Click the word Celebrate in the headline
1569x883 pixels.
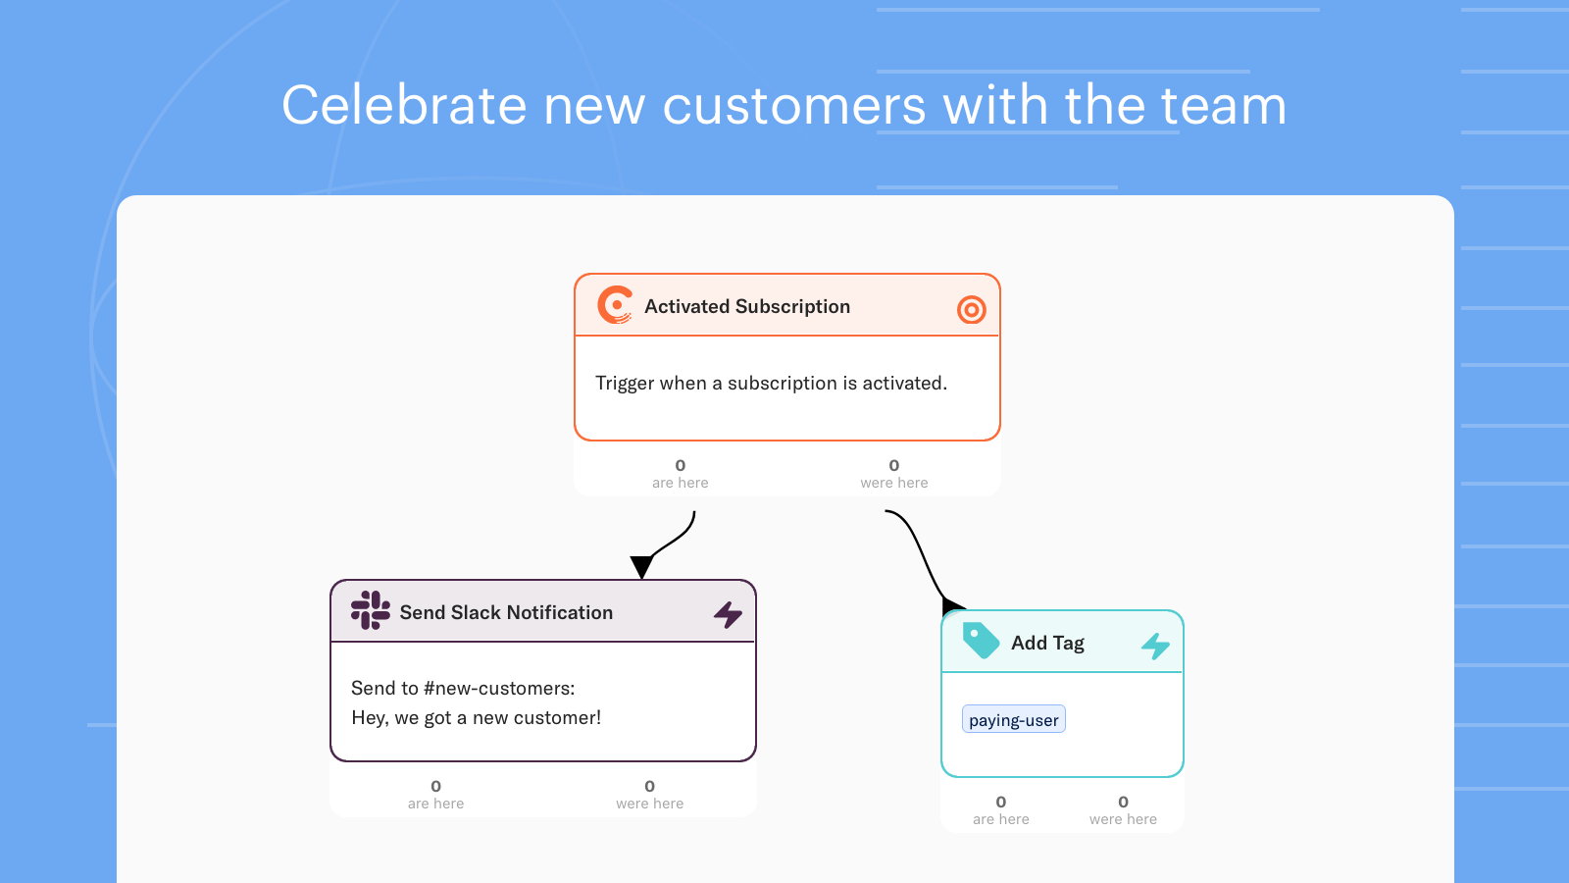tap(404, 105)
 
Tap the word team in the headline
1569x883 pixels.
tap(1224, 105)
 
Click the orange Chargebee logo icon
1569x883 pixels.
tap(615, 305)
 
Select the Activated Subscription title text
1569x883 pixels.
tap(747, 306)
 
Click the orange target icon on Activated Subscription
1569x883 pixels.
tap(972, 309)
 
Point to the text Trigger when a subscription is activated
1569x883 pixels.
tap(771, 383)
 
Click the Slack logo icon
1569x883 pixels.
tap(371, 610)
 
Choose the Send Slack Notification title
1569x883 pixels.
tap(506, 612)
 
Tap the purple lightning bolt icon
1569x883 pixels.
tap(728, 614)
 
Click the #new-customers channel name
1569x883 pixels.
tap(499, 688)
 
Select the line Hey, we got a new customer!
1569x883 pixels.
tap(477, 717)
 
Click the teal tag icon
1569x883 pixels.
tap(981, 641)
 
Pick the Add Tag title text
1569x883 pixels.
tap(1048, 643)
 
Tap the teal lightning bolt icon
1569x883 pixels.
tap(1156, 646)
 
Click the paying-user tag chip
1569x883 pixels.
tap(1014, 720)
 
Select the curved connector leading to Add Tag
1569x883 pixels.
tap(923, 557)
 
